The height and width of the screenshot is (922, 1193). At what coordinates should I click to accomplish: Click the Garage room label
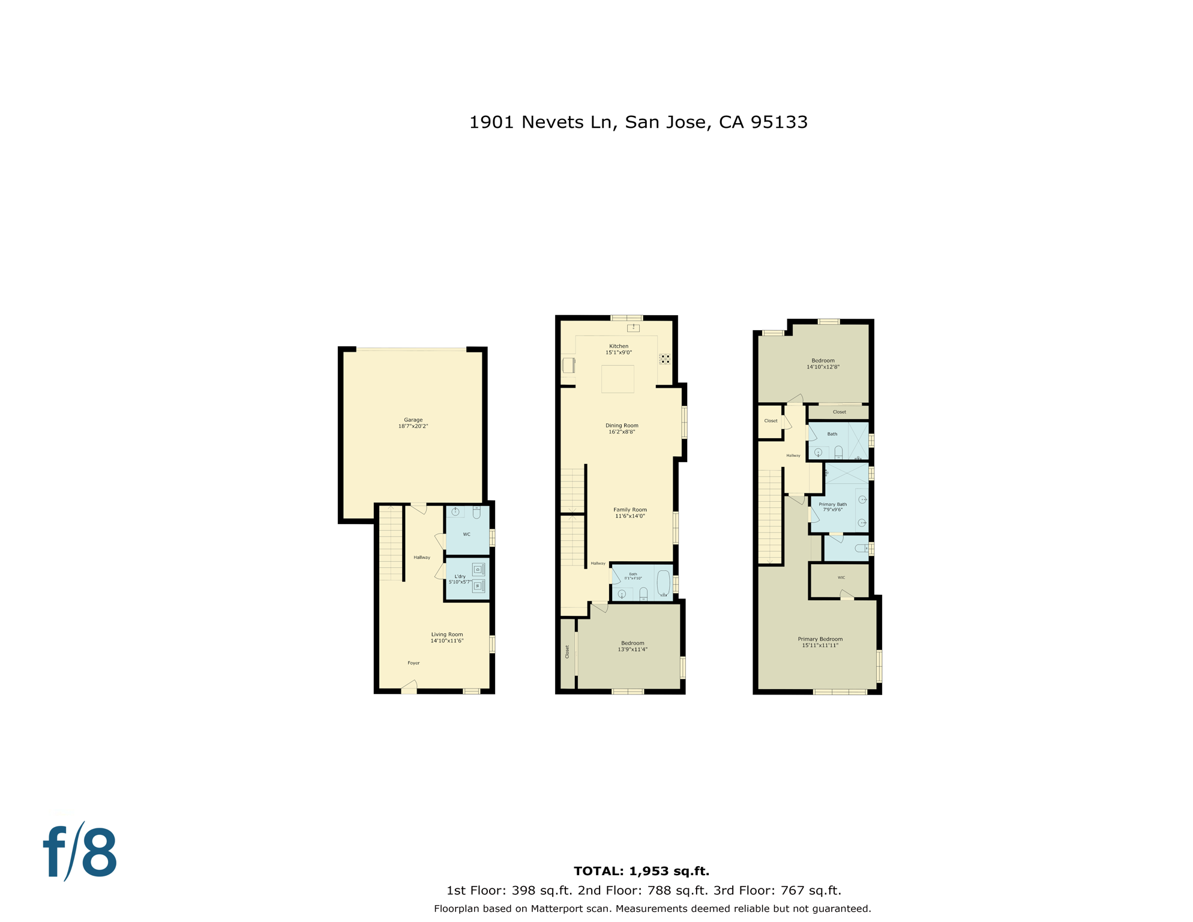point(413,423)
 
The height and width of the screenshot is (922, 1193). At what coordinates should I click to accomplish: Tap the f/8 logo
point(80,852)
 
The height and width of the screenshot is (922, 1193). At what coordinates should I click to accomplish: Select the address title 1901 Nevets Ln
point(638,122)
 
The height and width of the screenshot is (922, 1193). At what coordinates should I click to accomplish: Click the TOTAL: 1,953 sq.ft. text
point(641,871)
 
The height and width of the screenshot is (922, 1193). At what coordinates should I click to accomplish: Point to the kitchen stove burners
point(664,359)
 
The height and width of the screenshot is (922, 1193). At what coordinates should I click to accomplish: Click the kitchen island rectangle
point(618,379)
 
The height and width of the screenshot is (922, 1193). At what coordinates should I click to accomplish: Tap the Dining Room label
point(622,429)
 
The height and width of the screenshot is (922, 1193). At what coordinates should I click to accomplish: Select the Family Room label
point(630,513)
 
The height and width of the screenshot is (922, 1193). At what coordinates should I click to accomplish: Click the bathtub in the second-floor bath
point(663,582)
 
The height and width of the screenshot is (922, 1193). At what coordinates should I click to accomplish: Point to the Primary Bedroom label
point(820,642)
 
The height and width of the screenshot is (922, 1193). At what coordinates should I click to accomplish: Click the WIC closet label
point(841,577)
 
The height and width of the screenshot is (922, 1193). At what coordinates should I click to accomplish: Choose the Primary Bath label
point(832,507)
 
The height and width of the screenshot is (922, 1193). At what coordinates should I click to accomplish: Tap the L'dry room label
point(460,579)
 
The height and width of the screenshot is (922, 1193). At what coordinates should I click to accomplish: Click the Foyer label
point(413,663)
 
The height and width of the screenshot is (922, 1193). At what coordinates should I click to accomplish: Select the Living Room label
point(446,637)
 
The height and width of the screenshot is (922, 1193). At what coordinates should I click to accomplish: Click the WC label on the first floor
point(466,534)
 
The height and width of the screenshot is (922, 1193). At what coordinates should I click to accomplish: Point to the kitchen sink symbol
point(633,328)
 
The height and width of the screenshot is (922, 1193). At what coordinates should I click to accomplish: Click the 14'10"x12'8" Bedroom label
point(823,364)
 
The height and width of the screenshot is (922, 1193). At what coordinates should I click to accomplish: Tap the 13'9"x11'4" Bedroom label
point(633,646)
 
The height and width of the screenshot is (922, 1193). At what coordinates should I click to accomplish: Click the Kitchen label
point(619,349)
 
